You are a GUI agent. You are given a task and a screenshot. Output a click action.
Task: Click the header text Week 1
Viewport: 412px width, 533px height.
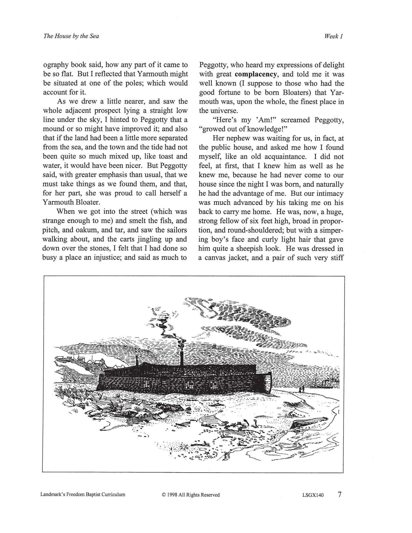[333, 36]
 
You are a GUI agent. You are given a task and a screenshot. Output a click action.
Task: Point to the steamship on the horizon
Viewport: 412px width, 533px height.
[322, 383]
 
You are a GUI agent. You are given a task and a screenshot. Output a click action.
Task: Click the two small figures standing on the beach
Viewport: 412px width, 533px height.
[302, 389]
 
